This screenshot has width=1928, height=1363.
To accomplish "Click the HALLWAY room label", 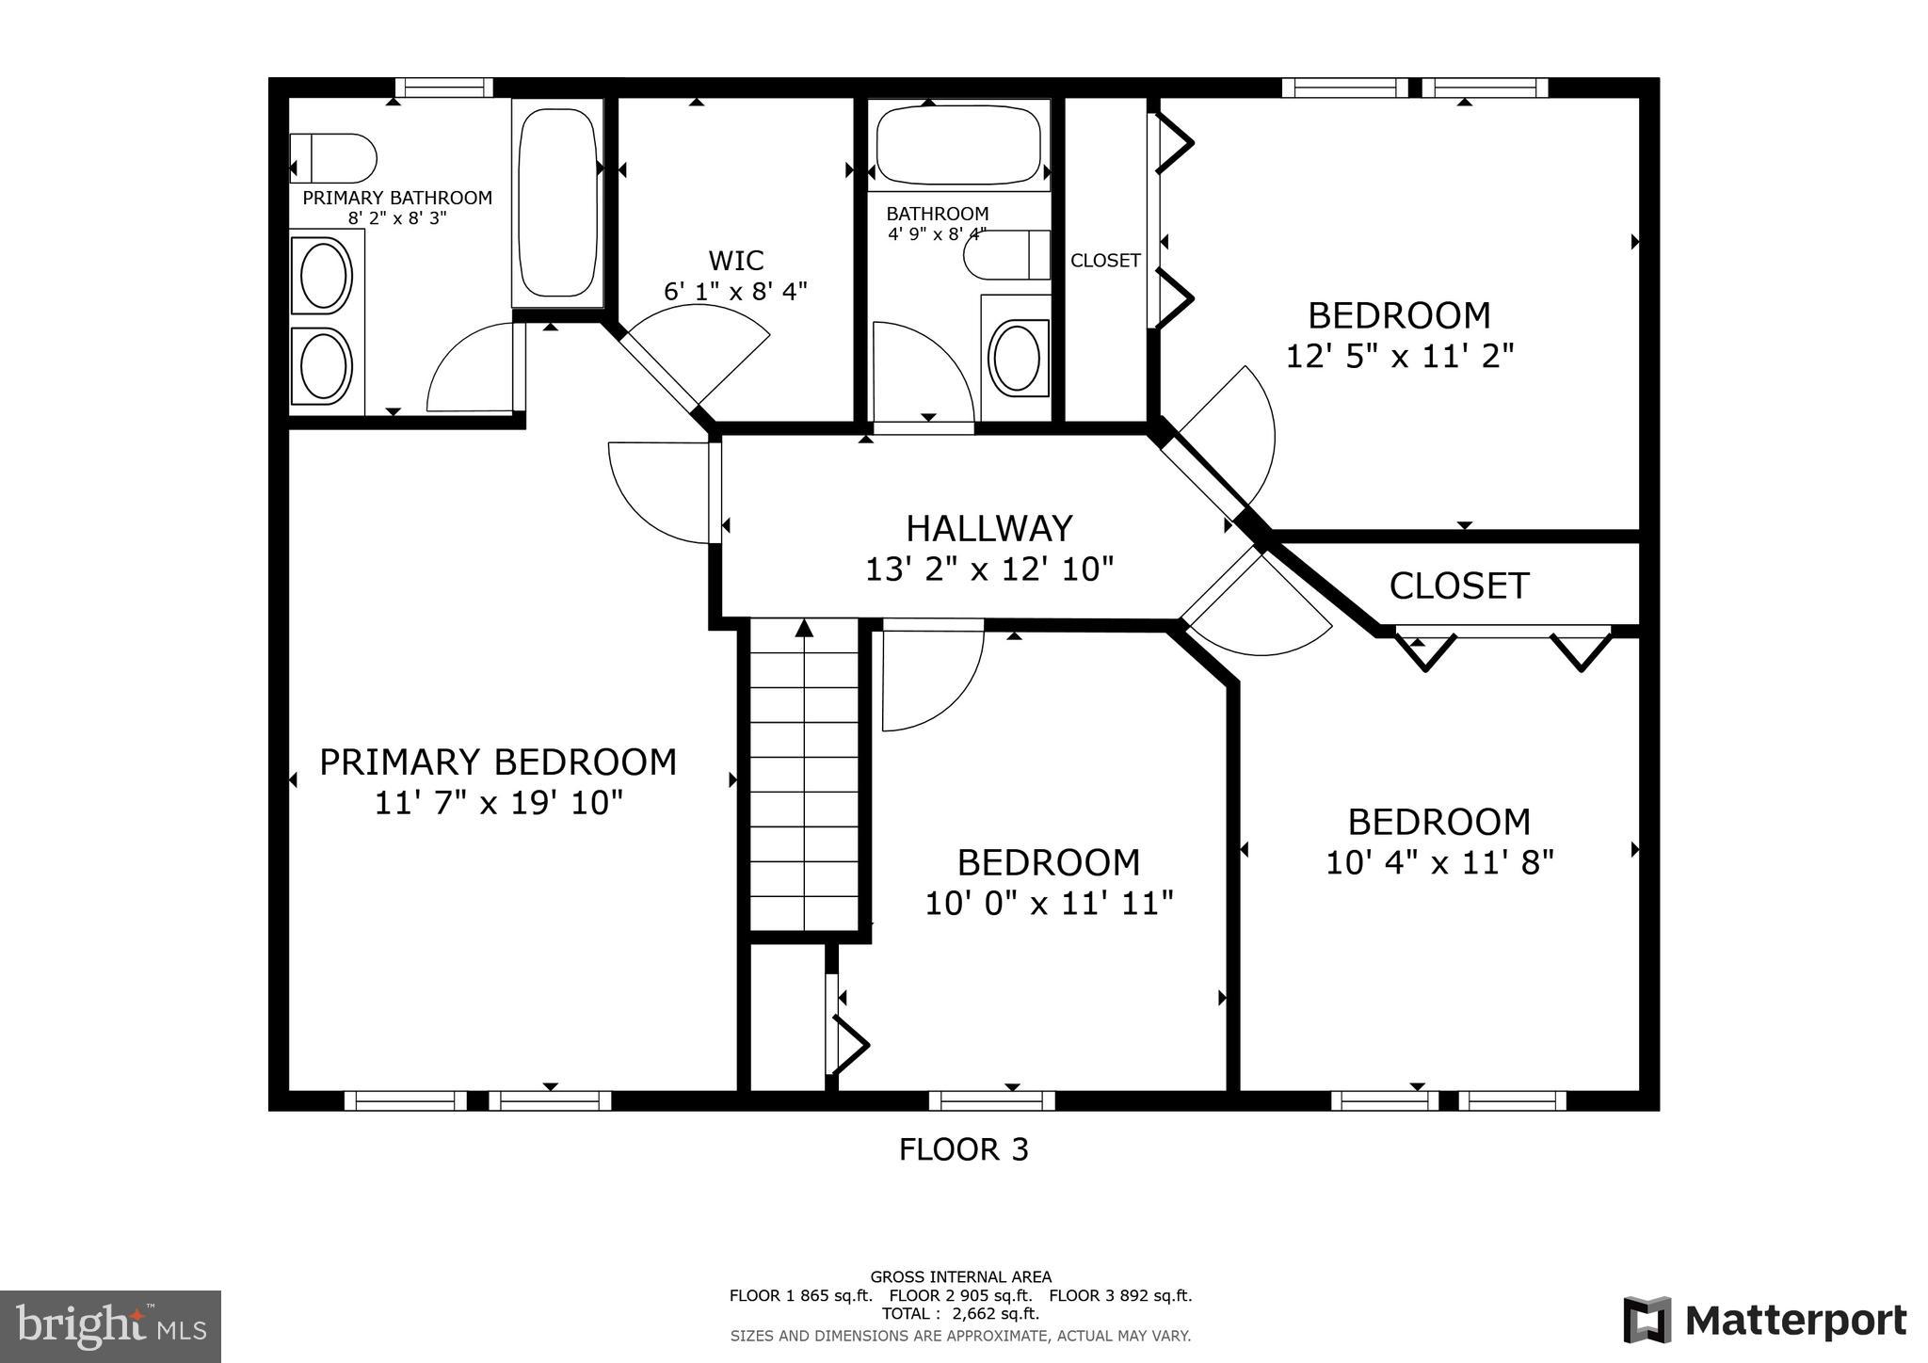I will point(988,529).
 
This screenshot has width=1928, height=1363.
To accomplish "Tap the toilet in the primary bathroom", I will point(334,158).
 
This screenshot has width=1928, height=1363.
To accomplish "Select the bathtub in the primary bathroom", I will point(557,202).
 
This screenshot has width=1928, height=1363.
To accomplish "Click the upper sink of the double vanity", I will point(325,275).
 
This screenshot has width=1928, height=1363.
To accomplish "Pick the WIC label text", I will point(735,260).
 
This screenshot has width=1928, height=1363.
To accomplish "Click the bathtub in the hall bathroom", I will point(958,146).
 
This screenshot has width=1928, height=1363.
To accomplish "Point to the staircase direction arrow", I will point(804,629).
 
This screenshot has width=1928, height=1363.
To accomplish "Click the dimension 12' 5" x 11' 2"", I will point(1400,357).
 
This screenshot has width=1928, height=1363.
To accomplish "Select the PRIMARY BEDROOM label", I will point(498,762).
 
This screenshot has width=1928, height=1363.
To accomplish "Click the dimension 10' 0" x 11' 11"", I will point(1049,904).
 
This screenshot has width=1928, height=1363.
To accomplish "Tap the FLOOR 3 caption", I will point(963,1149).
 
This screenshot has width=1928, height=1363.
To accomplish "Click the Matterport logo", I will point(1764,1321).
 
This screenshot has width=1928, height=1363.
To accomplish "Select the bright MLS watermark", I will point(111,1327).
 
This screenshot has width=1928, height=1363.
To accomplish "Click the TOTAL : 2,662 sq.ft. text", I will point(960,1314).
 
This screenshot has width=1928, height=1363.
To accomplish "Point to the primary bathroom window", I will point(443,88).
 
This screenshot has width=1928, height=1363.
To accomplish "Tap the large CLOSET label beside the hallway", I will point(1458,585).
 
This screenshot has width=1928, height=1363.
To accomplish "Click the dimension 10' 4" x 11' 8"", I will point(1439,862).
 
